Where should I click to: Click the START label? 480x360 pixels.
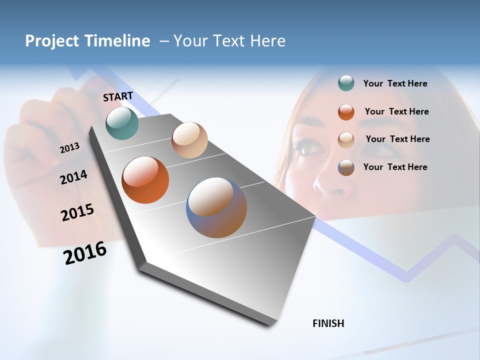pyautogui.click(x=118, y=96)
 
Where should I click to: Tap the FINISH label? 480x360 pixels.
pyautogui.click(x=328, y=323)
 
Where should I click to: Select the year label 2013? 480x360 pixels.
pyautogui.click(x=69, y=148)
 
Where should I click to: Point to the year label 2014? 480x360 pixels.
pyautogui.click(x=73, y=177)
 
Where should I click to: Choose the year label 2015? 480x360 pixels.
pyautogui.click(x=77, y=212)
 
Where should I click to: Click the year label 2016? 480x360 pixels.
pyautogui.click(x=85, y=253)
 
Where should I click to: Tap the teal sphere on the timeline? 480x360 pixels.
pyautogui.click(x=122, y=123)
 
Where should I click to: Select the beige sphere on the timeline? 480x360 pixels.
pyautogui.click(x=189, y=140)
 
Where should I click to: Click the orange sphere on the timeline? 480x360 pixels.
pyautogui.click(x=145, y=180)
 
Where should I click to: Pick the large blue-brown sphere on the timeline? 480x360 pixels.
pyautogui.click(x=216, y=207)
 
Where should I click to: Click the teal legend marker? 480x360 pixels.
pyautogui.click(x=346, y=83)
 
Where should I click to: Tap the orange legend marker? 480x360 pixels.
pyautogui.click(x=346, y=112)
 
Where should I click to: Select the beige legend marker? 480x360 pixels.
pyautogui.click(x=346, y=140)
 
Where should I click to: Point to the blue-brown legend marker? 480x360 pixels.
pyautogui.click(x=346, y=167)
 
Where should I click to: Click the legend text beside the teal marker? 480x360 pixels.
pyautogui.click(x=395, y=83)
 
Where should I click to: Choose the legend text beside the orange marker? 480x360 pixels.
pyautogui.click(x=396, y=111)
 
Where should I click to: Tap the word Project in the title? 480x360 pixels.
pyautogui.click(x=52, y=41)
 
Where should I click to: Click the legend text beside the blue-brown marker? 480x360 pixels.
pyautogui.click(x=395, y=167)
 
